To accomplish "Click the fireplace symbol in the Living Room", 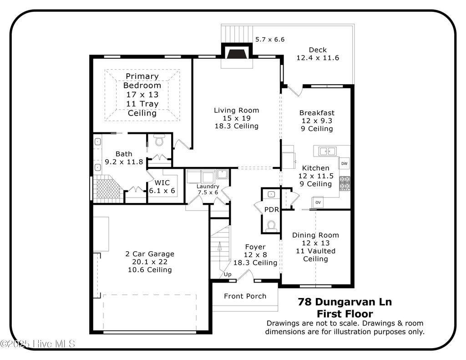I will click(236, 55).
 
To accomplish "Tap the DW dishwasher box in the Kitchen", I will click(344, 163).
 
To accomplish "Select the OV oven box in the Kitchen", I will click(318, 202).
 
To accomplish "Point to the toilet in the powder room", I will click(271, 225).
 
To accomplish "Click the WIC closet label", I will click(162, 183).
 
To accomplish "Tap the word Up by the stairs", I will click(227, 274).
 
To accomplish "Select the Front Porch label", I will click(245, 296).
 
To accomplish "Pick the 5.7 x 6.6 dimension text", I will click(269, 40).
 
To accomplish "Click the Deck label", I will click(318, 50).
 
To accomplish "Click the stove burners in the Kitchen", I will click(345, 183).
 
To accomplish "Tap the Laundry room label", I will click(208, 186).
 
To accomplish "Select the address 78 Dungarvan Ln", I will click(344, 301).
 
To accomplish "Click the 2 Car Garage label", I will click(150, 254).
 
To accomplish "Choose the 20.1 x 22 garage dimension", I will click(150, 262).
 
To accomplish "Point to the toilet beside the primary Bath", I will click(159, 141).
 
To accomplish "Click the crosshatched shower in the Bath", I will click(107, 188).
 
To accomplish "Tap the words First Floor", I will click(344, 314).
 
